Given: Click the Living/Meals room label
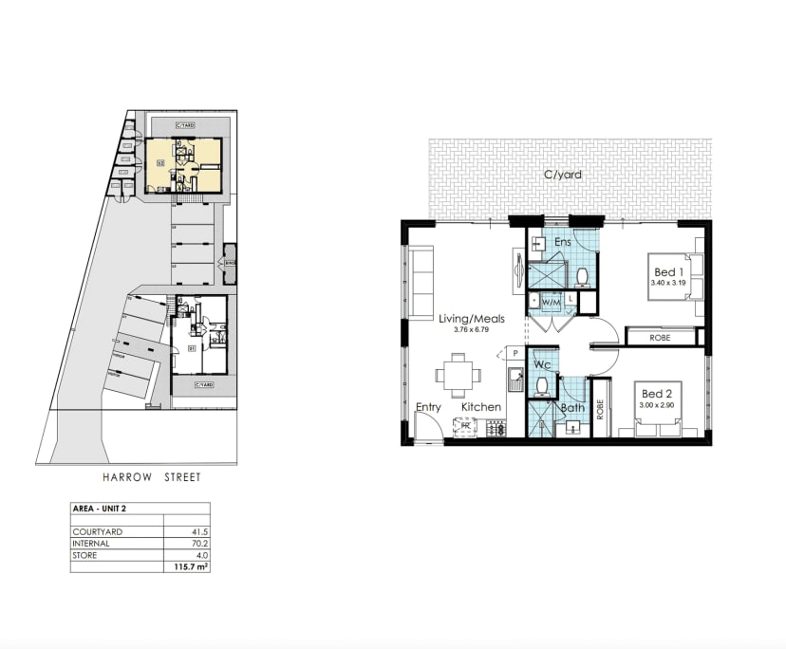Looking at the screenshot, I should (x=472, y=319).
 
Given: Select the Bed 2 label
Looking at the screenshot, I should (x=658, y=393).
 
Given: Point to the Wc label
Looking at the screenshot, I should (x=542, y=364).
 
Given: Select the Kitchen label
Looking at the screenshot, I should (x=481, y=407).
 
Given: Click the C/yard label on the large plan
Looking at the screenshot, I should (x=562, y=175).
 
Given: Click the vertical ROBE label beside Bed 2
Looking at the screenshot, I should (x=600, y=408).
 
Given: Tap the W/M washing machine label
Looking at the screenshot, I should (x=552, y=302).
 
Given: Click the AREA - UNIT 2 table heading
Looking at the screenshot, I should (x=100, y=509).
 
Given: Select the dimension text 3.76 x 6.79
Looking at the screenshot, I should (x=472, y=331).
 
